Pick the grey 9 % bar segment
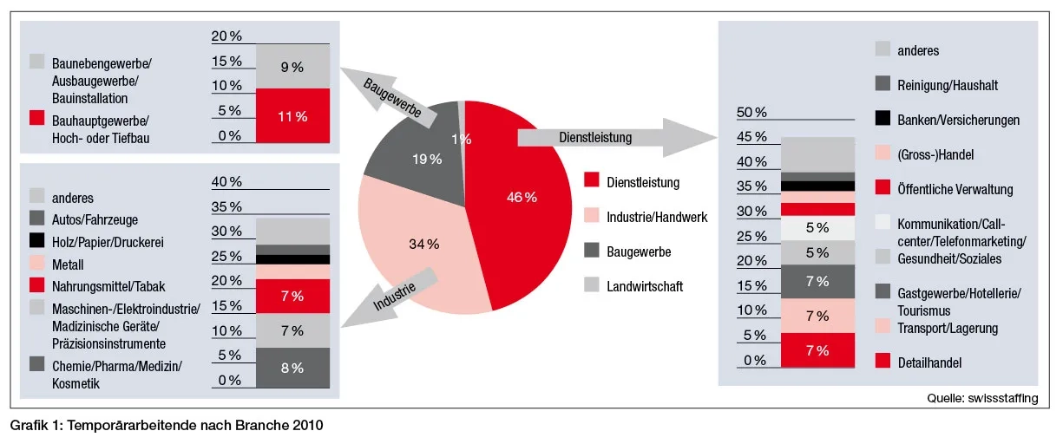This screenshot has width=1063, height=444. [292, 66]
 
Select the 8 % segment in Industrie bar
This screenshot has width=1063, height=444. [292, 368]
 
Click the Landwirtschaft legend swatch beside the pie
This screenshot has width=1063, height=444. [592, 285]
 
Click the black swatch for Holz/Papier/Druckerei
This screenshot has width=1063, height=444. [37, 242]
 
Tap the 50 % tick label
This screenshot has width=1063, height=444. [751, 113]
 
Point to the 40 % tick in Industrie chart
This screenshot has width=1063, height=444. [226, 181]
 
